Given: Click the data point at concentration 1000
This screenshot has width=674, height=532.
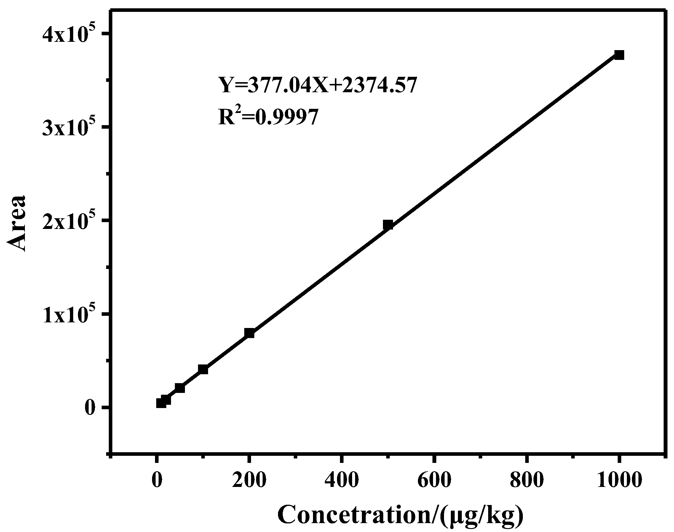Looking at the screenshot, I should [619, 55].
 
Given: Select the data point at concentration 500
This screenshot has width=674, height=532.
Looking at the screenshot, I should [388, 224].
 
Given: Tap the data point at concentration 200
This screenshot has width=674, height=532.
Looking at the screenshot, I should [249, 333].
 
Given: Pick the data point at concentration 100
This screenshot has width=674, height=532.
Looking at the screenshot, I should [203, 369].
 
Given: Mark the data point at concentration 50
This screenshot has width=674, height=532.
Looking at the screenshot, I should [180, 388].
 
